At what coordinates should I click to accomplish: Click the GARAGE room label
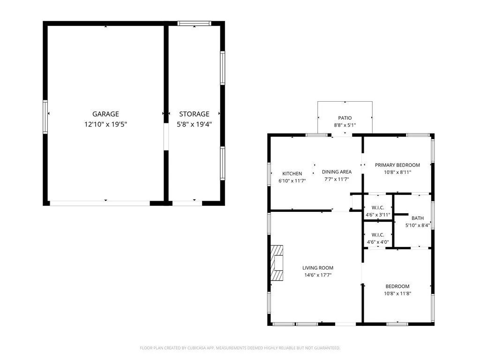(x=105, y=114)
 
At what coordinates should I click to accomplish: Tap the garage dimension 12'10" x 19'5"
(x=105, y=124)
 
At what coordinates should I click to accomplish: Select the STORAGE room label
(x=194, y=114)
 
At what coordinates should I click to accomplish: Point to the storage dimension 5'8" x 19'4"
(x=194, y=124)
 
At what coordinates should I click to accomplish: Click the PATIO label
(x=345, y=118)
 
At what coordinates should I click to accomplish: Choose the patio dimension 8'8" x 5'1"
(x=345, y=125)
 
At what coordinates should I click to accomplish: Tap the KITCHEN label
(x=292, y=174)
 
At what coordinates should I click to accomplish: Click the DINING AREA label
(x=337, y=172)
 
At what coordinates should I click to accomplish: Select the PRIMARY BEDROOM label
(x=397, y=165)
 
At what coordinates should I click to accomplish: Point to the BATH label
(x=417, y=218)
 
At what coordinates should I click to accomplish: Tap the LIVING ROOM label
(x=317, y=268)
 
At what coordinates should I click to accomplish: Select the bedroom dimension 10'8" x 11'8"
(x=397, y=294)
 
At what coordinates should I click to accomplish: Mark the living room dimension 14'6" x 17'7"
(x=317, y=275)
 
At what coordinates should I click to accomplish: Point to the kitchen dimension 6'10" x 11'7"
(x=292, y=180)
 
